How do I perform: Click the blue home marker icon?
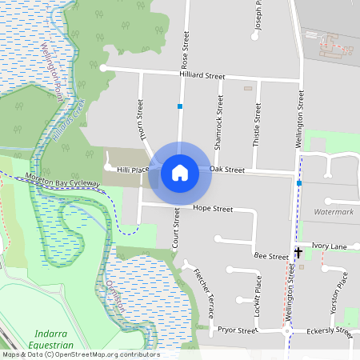180,172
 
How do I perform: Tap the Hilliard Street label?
202,76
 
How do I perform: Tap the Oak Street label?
226,169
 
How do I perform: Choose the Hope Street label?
213,209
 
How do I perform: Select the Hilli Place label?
133,170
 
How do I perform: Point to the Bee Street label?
270,256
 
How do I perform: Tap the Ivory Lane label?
330,246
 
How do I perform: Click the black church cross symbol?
298,253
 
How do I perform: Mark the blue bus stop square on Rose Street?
181,106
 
